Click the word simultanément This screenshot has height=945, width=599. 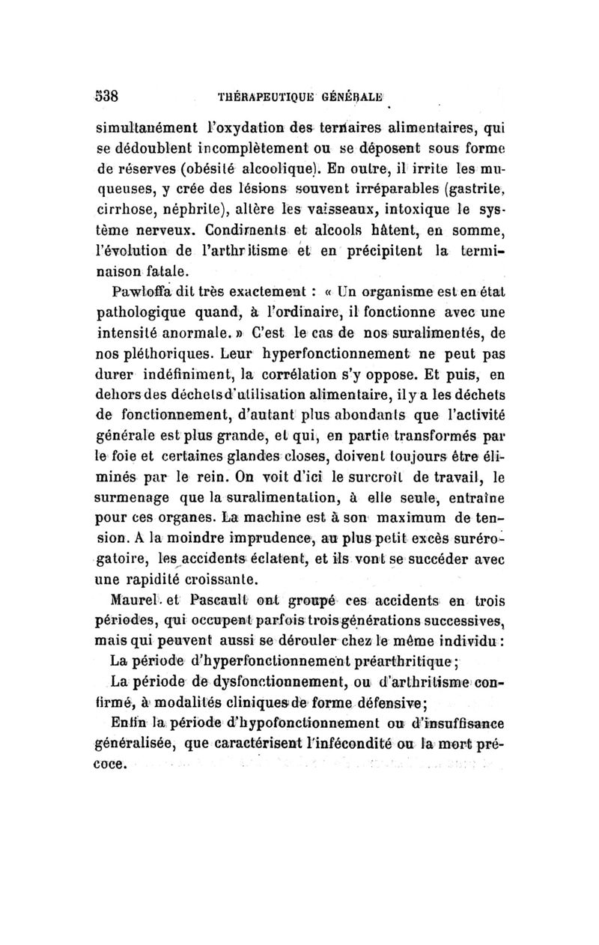pos(140,128)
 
